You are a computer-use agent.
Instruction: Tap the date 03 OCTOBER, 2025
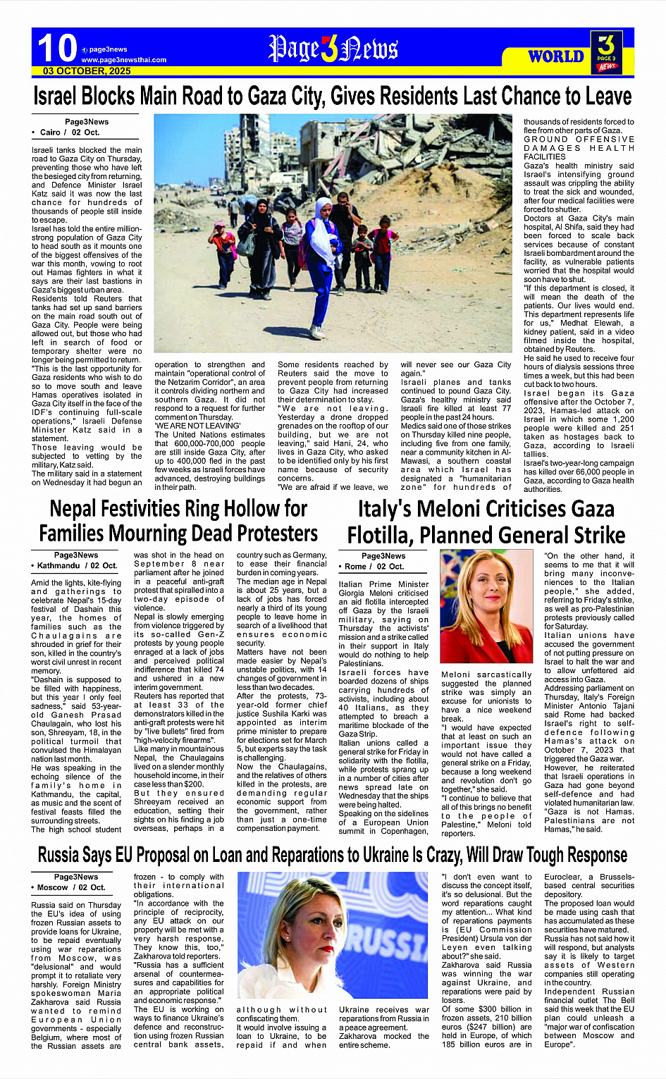coord(87,71)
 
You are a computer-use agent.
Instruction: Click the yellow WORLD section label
coord(556,56)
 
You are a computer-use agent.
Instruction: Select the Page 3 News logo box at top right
coord(606,52)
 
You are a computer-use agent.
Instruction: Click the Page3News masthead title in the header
coord(333,49)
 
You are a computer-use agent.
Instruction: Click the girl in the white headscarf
coord(323,233)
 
